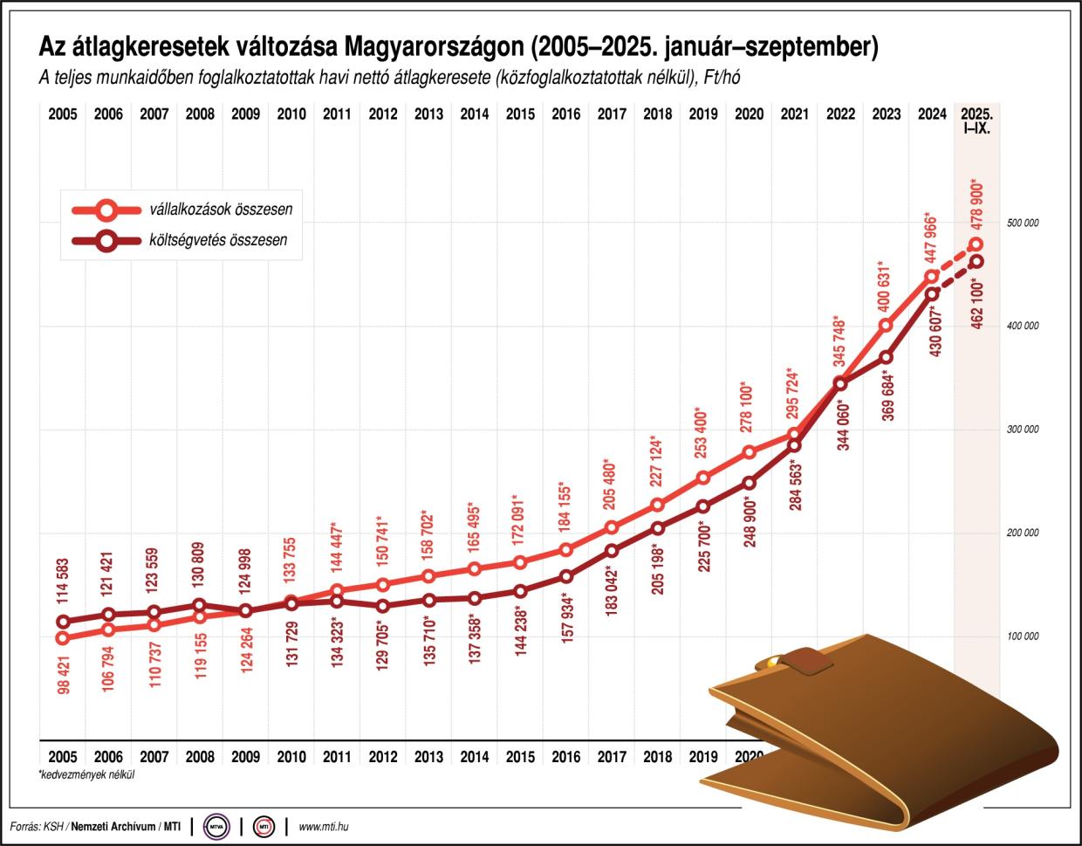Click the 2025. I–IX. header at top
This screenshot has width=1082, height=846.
tap(977, 120)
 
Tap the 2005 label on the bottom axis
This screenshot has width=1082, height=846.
tap(62, 757)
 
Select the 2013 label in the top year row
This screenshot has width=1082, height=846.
tap(428, 114)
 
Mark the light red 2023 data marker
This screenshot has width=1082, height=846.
tap(887, 326)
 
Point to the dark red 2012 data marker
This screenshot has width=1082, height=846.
tap(383, 606)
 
